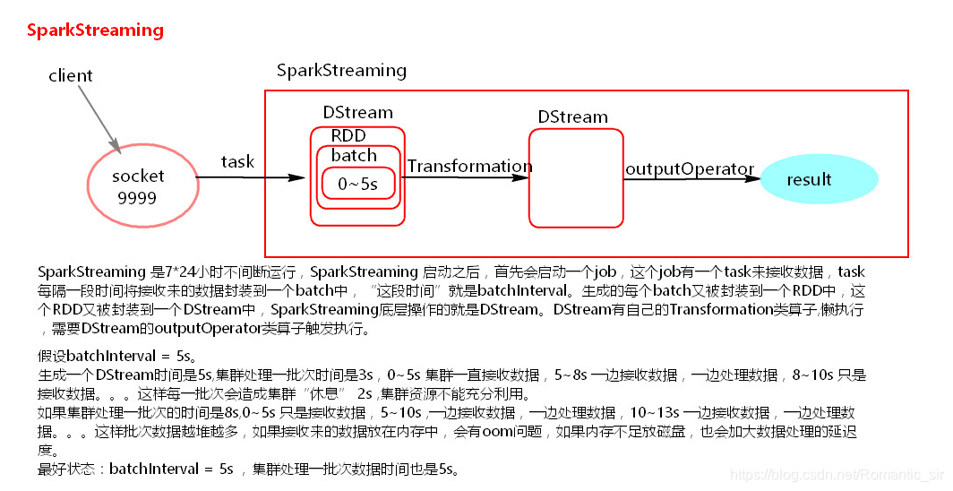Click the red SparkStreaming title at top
(95, 30)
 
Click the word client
(71, 75)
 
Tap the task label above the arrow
(237, 162)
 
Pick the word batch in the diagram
(354, 155)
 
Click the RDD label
(348, 135)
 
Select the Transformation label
(468, 167)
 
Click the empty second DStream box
(575, 178)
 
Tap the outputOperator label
(690, 169)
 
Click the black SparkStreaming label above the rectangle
(341, 70)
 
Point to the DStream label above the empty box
(572, 117)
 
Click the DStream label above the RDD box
(357, 113)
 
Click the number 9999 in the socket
(137, 197)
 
